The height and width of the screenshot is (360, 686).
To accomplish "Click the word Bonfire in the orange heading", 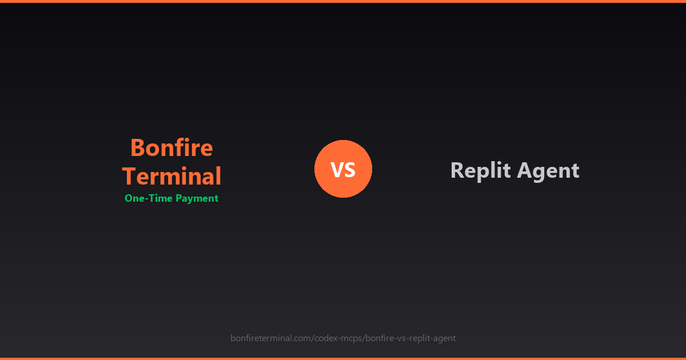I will [171, 148].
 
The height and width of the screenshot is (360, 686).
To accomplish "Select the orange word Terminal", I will [171, 176].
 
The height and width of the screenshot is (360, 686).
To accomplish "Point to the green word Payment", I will [197, 198].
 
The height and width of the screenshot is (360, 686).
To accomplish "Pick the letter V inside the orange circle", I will [337, 169].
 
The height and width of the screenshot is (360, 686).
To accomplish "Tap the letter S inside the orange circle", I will [350, 169].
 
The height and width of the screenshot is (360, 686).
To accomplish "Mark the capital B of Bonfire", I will [137, 148].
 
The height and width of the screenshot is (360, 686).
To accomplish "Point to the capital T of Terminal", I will [129, 176].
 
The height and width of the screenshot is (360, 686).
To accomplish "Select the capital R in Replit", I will [457, 170].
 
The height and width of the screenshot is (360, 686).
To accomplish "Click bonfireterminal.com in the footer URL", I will [270, 338].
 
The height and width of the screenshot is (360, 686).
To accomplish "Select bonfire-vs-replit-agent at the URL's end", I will [410, 338].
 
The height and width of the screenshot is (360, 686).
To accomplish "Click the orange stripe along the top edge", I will [343, 1].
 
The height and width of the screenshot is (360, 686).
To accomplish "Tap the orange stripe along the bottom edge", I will [343, 358].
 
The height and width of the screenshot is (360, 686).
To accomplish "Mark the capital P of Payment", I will [178, 198].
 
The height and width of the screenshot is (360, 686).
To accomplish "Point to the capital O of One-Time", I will [129, 198].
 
